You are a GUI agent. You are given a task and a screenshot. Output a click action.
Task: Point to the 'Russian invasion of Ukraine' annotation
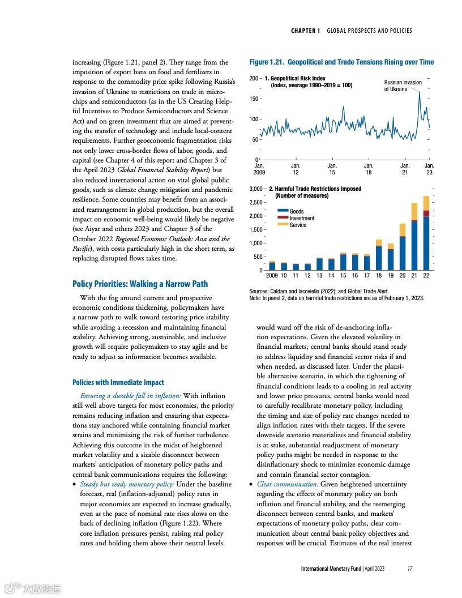click(403, 86)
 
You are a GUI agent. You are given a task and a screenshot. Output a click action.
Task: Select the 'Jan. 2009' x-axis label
click(259, 168)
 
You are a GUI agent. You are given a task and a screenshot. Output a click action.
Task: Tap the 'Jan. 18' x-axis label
click(368, 168)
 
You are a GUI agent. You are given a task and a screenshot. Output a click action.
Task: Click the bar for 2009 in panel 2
click(272, 266)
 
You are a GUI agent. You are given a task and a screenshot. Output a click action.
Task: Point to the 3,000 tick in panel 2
click(256, 189)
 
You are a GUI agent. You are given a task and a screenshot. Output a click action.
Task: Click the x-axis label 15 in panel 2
click(343, 275)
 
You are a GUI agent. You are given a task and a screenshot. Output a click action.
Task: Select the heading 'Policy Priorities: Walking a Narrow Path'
click(140, 284)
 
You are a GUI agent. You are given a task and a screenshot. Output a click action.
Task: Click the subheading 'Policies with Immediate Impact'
click(118, 382)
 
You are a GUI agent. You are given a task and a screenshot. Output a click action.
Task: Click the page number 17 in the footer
click(409, 569)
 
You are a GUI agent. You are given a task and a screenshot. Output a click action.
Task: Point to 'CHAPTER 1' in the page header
click(305, 31)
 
